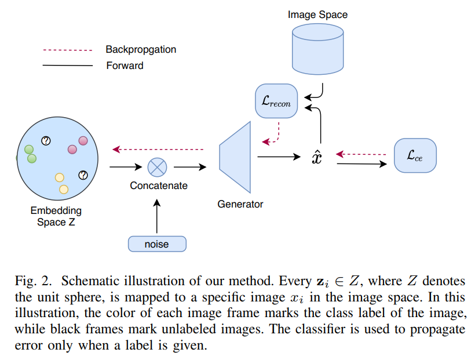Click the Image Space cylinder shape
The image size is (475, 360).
coord(318,51)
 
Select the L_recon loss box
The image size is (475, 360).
coord(276,104)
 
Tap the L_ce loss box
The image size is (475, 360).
coord(415,155)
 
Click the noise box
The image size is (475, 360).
coord(157,244)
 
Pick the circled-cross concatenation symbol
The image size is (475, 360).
coord(157,168)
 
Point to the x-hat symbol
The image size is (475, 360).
coord(316,157)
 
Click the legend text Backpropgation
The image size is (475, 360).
coord(141,50)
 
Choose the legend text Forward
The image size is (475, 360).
coord(125,66)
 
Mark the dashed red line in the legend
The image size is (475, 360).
coord(68,50)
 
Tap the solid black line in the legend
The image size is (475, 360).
coord(68,66)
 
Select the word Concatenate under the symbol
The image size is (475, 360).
coord(159,186)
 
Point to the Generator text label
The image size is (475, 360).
coord(240,204)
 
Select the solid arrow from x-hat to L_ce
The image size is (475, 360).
coord(360,163)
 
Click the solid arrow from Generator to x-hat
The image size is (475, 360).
coord(279,157)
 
